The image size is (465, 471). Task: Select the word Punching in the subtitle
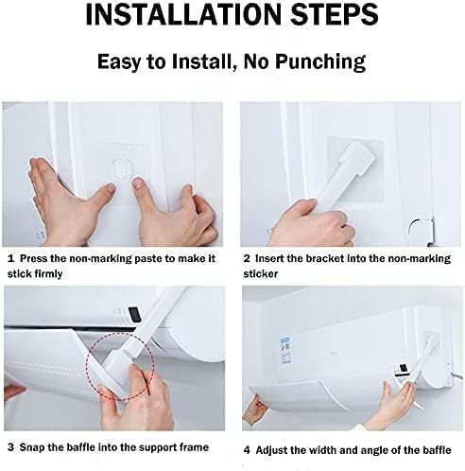(x=320, y=62)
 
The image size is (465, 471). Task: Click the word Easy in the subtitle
(x=119, y=62)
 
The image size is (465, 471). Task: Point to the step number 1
(x=10, y=259)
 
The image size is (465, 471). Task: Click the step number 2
(x=247, y=259)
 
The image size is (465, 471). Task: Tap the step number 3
(x=10, y=447)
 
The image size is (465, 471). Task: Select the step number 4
(x=247, y=450)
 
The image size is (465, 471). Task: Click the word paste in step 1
(x=148, y=259)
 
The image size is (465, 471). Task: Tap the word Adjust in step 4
(x=271, y=451)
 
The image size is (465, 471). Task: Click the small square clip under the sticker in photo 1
(x=121, y=168)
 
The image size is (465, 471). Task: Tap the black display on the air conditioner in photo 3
(x=135, y=313)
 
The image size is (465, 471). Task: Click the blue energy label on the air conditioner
(x=285, y=346)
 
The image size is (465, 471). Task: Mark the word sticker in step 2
(x=260, y=274)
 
